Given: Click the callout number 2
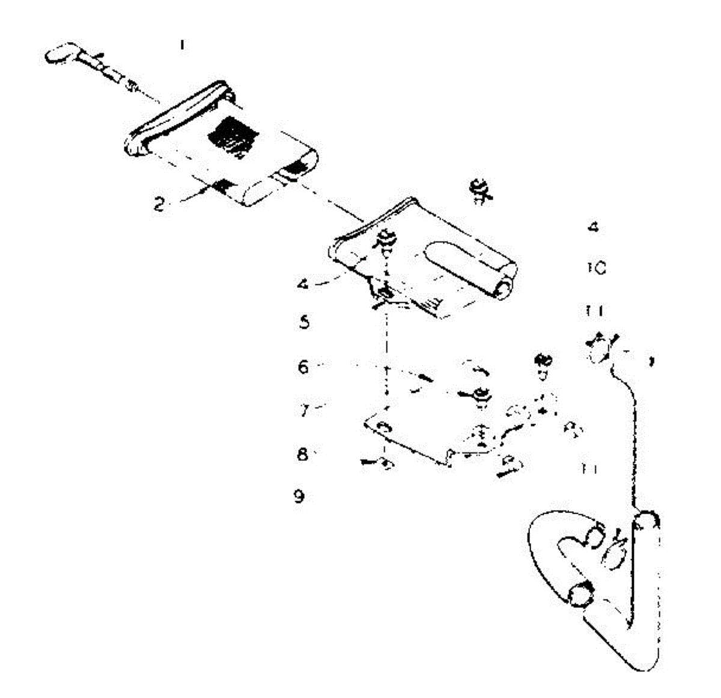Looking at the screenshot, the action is (159, 205).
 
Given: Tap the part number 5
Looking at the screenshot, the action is (305, 323).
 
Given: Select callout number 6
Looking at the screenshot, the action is (303, 366).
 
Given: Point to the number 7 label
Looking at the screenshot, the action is (305, 411).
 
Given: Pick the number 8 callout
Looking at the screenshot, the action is (303, 454).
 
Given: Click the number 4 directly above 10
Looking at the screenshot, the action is (593, 228).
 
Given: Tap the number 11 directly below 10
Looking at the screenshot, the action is (595, 311).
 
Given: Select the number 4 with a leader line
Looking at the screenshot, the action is (304, 283).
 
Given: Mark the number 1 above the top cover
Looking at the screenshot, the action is (183, 45).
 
